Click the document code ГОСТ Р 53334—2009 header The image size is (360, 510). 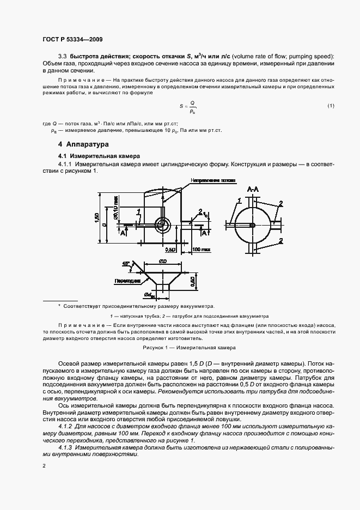point(72,39)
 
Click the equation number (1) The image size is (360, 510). point(331,106)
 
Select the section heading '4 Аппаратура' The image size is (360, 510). point(83,145)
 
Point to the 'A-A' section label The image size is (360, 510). point(253,189)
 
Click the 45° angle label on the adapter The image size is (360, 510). point(126,263)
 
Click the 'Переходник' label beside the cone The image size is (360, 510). point(126,282)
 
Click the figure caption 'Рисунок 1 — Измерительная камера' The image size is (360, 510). point(188,347)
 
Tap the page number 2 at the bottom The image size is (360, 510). point(44,465)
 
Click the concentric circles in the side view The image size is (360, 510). point(162,224)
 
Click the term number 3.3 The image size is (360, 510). point(62,57)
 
